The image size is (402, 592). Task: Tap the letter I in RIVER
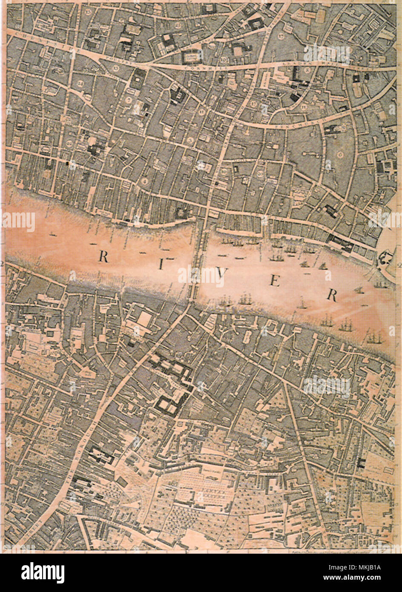click(161, 265)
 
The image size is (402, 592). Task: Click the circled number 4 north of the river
click(145, 181)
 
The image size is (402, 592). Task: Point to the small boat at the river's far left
click(53, 234)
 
